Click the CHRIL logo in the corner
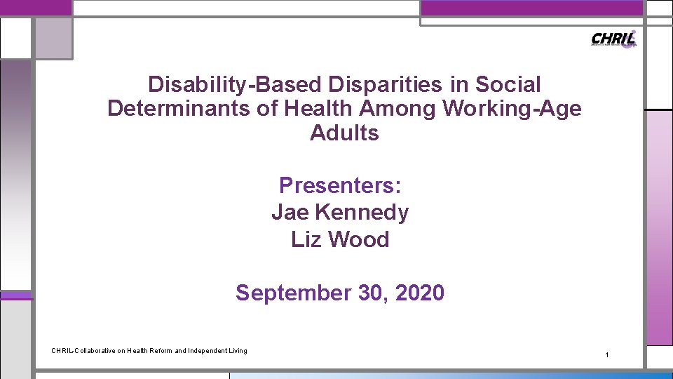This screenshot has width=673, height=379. pyautogui.click(x=614, y=39)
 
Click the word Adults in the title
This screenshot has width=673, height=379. pyautogui.click(x=344, y=133)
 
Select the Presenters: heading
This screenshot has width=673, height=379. pyautogui.click(x=340, y=185)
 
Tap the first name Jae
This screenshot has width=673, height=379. pyautogui.click(x=290, y=212)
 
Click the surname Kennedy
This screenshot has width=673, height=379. pyautogui.click(x=362, y=212)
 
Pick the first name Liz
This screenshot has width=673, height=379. pyautogui.click(x=306, y=239)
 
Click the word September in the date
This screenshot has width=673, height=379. pyautogui.click(x=293, y=293)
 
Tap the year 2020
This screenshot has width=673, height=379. pyautogui.click(x=419, y=293)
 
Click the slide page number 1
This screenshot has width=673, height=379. pyautogui.click(x=607, y=356)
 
